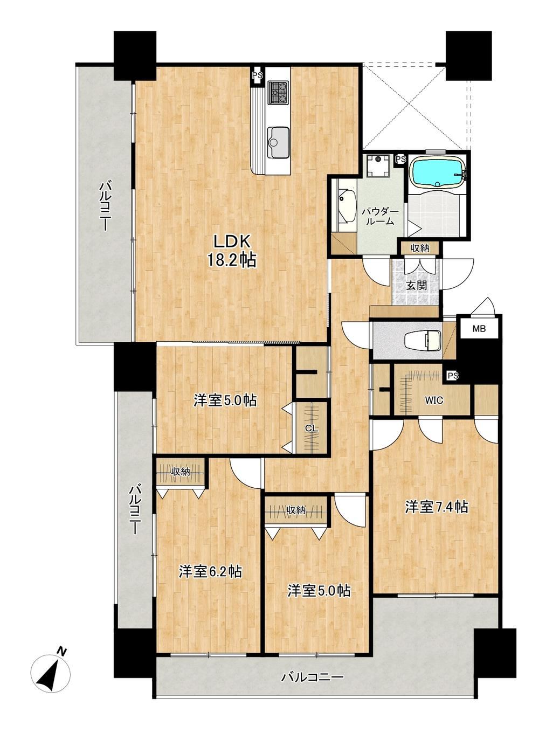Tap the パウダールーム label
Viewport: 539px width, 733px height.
(x=379, y=216)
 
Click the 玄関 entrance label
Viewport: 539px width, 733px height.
(x=416, y=285)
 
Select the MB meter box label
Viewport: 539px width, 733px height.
(x=479, y=329)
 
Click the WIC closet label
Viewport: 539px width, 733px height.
(x=434, y=400)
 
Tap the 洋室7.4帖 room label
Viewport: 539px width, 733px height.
(x=436, y=507)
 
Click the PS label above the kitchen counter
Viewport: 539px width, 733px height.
(x=257, y=75)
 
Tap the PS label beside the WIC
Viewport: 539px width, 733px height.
(x=453, y=376)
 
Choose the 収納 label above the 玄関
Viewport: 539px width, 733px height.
(x=420, y=248)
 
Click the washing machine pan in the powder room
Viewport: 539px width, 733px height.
(x=378, y=165)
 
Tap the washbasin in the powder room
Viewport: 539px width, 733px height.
(x=345, y=205)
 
